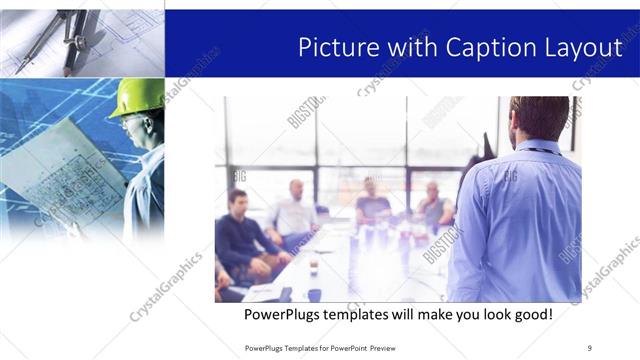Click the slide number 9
tap(589, 347)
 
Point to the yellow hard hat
tap(135, 97)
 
